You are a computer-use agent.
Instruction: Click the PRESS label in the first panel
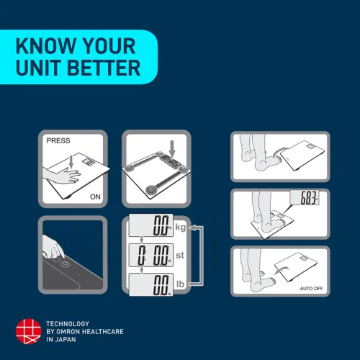point(58,140)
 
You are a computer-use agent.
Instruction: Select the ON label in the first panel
point(95,197)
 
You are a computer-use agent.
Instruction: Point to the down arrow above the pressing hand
point(71,162)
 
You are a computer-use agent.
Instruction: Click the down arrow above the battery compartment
point(172,148)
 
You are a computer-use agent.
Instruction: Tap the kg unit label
point(181,227)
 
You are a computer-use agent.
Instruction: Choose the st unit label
point(180,255)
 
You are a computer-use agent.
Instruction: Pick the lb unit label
point(181,284)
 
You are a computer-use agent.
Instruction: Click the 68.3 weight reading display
point(305,197)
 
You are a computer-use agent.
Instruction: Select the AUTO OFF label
point(311,289)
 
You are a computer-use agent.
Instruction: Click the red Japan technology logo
point(29,331)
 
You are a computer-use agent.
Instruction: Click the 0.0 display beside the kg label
point(151,225)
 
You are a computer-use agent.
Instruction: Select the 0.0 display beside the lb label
point(151,284)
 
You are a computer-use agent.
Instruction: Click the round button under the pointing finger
point(65,264)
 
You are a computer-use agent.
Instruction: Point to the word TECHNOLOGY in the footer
point(68,324)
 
